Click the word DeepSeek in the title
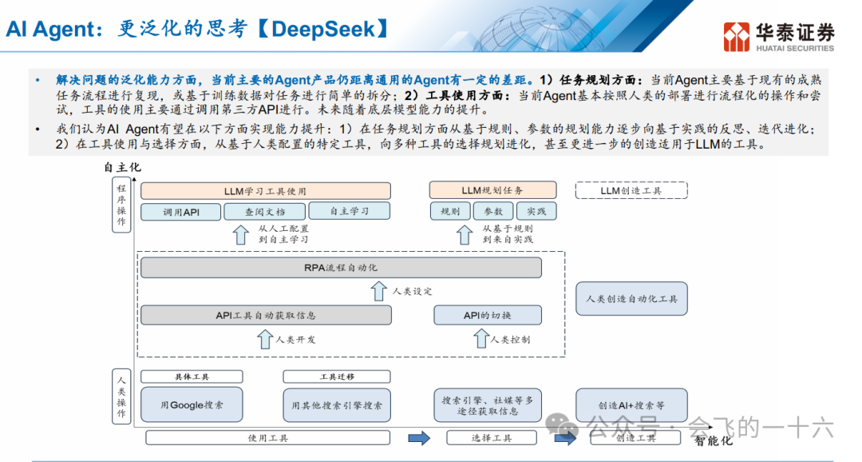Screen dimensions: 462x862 coord(322,30)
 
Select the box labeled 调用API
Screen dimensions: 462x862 coord(180,212)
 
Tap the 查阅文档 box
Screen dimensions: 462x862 coord(264,212)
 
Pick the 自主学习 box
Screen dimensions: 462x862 coord(349,212)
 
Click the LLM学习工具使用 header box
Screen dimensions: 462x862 coord(265,191)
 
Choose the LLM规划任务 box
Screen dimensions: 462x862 coord(492,190)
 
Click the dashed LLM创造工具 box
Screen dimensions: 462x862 coord(631,190)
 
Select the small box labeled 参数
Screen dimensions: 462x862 coord(493,212)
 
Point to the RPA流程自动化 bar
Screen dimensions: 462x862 coord(341,267)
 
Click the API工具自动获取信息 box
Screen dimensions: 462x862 coord(266,315)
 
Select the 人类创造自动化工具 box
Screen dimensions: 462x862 coord(631,298)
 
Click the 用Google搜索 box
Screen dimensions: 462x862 coord(192,404)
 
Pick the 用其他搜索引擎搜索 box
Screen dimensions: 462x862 coord(337,404)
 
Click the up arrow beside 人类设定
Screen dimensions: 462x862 coord(379,291)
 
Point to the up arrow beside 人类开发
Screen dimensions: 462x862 coord(265,339)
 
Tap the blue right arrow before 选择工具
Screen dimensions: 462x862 coord(418,437)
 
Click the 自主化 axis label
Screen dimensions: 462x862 coord(122,167)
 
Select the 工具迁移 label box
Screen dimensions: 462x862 coord(337,376)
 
